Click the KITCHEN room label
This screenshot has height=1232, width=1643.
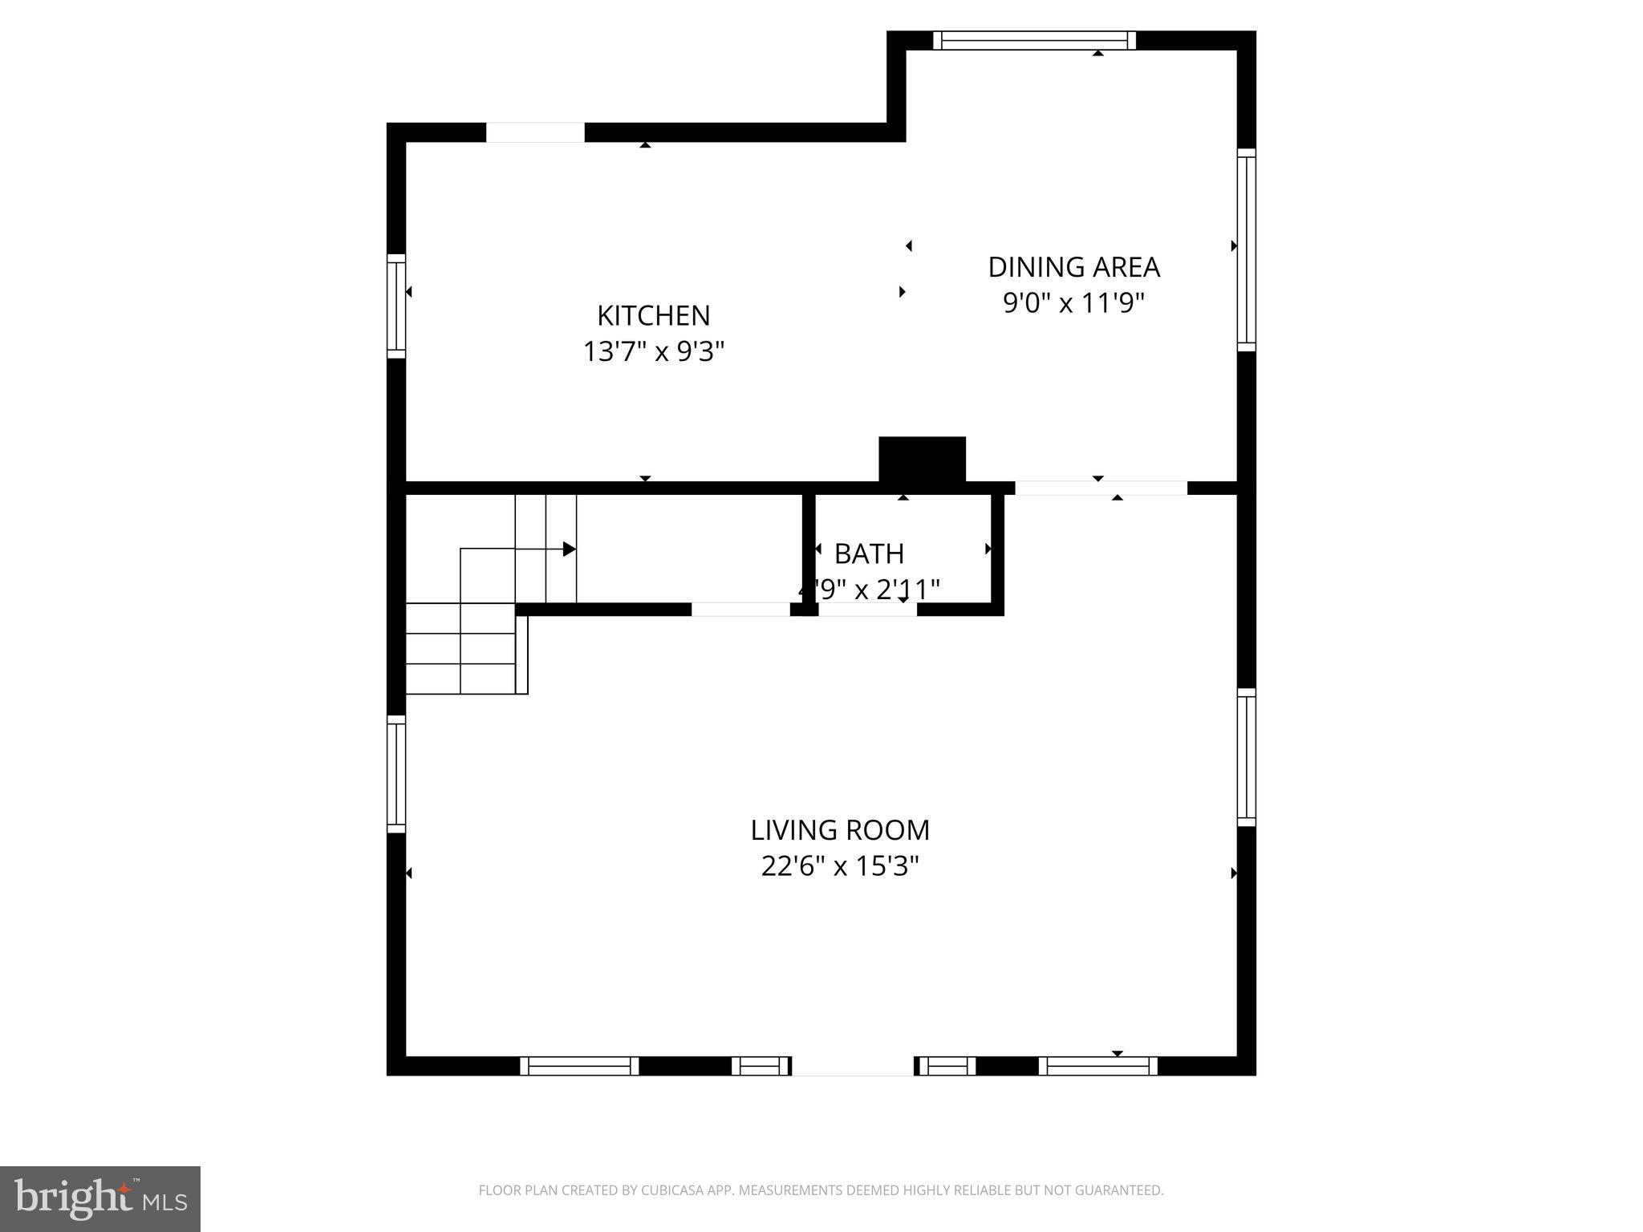(653, 315)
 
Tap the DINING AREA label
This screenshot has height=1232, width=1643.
(1073, 267)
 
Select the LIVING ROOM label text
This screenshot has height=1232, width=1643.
(840, 830)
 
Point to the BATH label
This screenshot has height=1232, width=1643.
(869, 553)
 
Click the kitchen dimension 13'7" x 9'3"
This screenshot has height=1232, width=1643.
(653, 351)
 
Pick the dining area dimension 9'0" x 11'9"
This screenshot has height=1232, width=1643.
(1073, 303)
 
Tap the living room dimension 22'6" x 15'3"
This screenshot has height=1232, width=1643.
(840, 866)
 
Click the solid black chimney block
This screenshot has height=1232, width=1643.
(922, 460)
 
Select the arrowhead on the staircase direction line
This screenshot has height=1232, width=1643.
(569, 549)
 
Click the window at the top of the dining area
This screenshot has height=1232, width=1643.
(1035, 40)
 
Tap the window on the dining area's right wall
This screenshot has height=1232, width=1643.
(1246, 249)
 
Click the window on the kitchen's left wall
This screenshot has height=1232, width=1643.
(396, 306)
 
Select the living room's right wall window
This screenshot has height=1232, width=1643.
(1246, 757)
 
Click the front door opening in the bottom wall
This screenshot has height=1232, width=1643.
(853, 1066)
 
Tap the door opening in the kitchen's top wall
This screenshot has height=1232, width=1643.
(535, 132)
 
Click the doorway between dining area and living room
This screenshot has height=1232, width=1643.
(1101, 488)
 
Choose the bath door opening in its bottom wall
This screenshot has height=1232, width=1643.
(867, 610)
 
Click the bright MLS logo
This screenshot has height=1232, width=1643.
(100, 1199)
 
